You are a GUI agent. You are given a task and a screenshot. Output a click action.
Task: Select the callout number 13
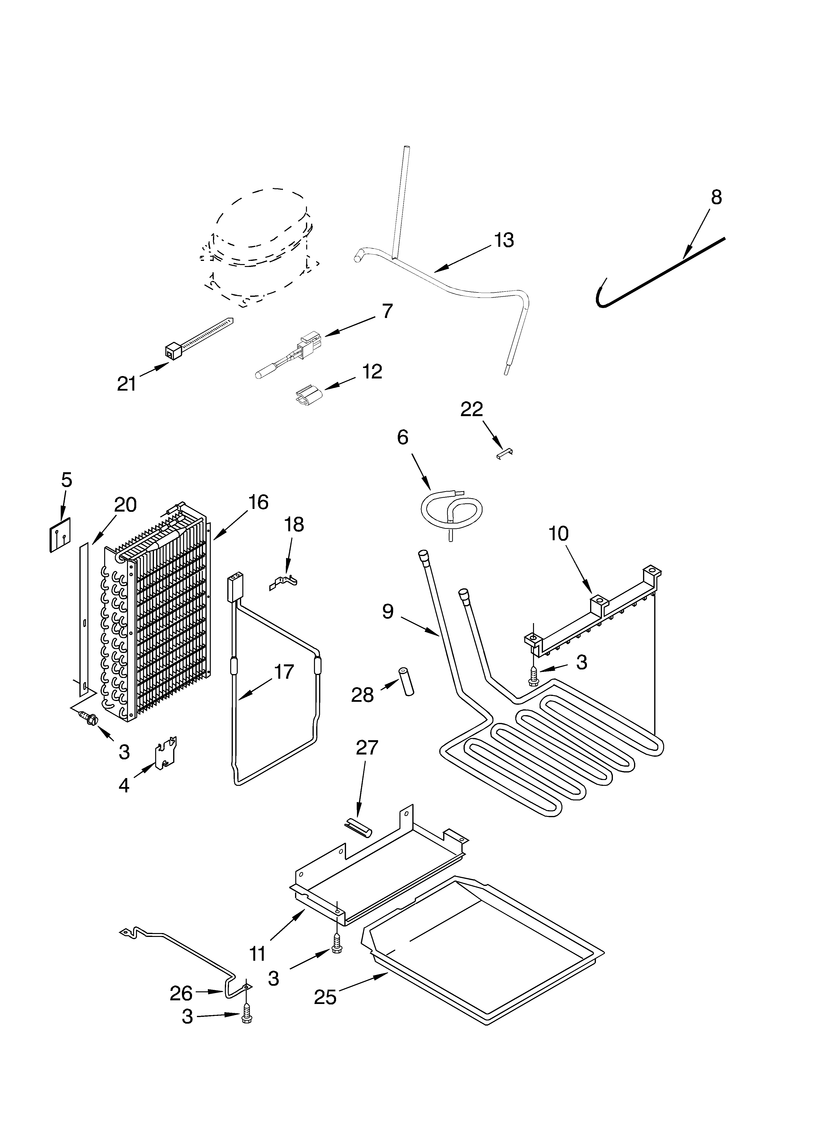[x=504, y=240]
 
